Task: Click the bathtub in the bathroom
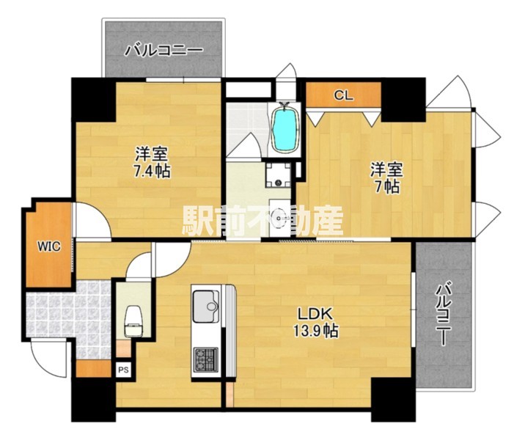[x=284, y=128]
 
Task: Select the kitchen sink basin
[x=205, y=301]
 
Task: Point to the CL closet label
[x=343, y=95]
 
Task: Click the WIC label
[x=49, y=246]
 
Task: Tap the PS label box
[x=123, y=370]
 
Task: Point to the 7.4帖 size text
[x=152, y=172]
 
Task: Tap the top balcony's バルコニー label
[x=163, y=51]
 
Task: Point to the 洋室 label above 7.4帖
[x=152, y=155]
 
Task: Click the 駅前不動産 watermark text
[x=262, y=221]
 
